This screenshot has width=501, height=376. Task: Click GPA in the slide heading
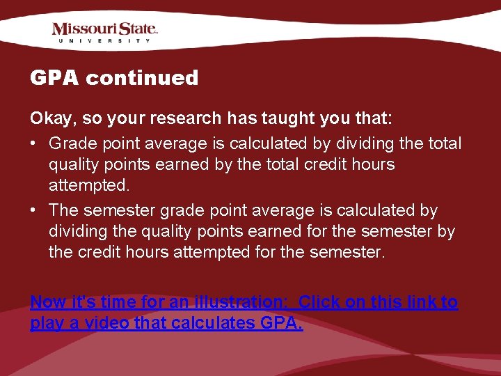tap(55, 78)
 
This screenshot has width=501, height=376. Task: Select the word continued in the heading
tap(142, 78)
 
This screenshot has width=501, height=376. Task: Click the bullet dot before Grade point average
tap(34, 144)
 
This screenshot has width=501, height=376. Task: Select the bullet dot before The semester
tap(34, 210)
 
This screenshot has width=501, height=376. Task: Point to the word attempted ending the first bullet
tap(88, 186)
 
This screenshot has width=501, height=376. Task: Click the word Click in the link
tap(319, 302)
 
